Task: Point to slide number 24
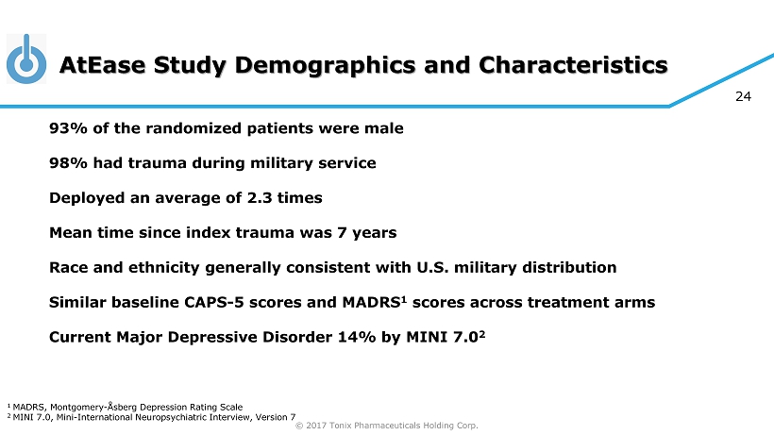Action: pos(743,96)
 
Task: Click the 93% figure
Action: pos(67,128)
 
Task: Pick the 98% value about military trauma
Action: pos(67,163)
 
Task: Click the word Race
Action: pos(69,267)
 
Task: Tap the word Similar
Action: pos(81,302)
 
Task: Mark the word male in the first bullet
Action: pos(384,128)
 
